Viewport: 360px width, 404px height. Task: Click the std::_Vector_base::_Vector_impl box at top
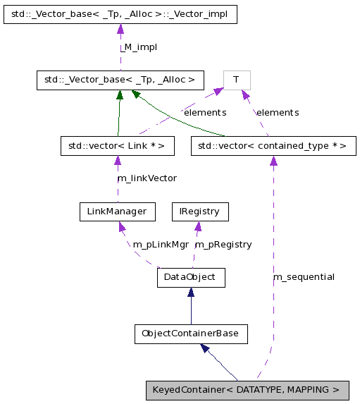point(120,14)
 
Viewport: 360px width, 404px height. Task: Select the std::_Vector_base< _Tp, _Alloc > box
point(120,80)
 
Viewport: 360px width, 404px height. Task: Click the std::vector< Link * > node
point(117,146)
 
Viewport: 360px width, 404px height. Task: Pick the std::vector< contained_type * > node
point(273,146)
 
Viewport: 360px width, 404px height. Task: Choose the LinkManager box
point(117,212)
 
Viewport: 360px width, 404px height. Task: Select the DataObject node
point(190,277)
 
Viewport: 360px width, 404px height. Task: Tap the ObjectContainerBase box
point(190,333)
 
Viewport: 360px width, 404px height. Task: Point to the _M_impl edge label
point(138,47)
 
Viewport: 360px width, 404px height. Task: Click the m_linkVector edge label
point(147,178)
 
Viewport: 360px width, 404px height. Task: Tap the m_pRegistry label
point(223,244)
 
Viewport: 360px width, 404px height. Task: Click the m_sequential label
point(304,276)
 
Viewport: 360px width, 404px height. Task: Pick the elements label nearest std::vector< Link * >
point(204,112)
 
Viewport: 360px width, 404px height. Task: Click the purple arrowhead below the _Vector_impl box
point(120,30)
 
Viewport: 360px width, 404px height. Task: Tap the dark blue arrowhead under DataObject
point(190,293)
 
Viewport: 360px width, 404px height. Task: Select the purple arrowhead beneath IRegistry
point(198,226)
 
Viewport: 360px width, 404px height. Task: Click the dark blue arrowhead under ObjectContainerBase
point(205,348)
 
